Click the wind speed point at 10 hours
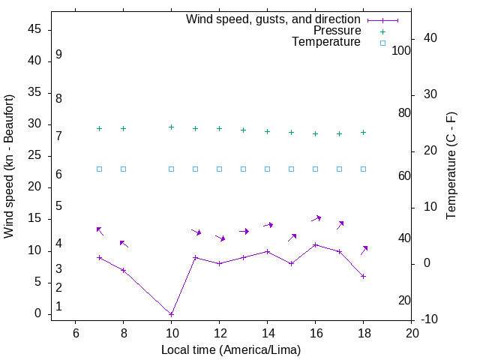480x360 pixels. (x=171, y=314)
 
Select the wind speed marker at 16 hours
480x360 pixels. (x=315, y=244)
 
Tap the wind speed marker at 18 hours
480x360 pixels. (x=363, y=276)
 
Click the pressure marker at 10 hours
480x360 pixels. (x=171, y=127)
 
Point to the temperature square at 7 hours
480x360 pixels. (x=99, y=169)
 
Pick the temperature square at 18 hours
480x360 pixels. (x=363, y=169)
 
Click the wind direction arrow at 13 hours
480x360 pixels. (x=244, y=231)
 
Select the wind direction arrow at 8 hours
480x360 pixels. (x=124, y=244)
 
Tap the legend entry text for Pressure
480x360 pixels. (x=337, y=31)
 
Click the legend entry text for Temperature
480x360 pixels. (x=326, y=43)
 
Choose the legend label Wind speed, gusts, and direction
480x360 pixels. (x=273, y=19)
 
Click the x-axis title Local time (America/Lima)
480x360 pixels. (x=231, y=349)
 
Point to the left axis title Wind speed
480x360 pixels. (x=9, y=166)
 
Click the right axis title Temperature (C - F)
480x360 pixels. (x=451, y=166)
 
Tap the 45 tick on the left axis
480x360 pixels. (x=34, y=29)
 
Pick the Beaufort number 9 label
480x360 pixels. (x=58, y=55)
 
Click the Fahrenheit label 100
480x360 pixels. (x=402, y=51)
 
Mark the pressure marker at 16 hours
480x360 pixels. (x=315, y=133)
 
